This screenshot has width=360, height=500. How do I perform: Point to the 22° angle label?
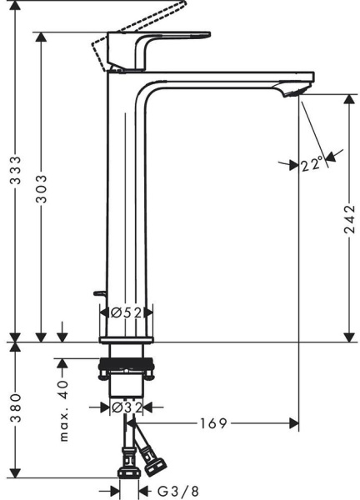pos(312,165)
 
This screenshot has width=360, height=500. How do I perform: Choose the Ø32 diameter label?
pos(126,407)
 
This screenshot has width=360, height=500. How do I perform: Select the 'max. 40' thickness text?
pos(63,411)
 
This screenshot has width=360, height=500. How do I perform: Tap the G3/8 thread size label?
pos(171,492)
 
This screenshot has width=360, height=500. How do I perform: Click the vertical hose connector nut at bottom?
pos(129,463)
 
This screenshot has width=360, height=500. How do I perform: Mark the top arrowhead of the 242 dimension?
pos(349,97)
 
